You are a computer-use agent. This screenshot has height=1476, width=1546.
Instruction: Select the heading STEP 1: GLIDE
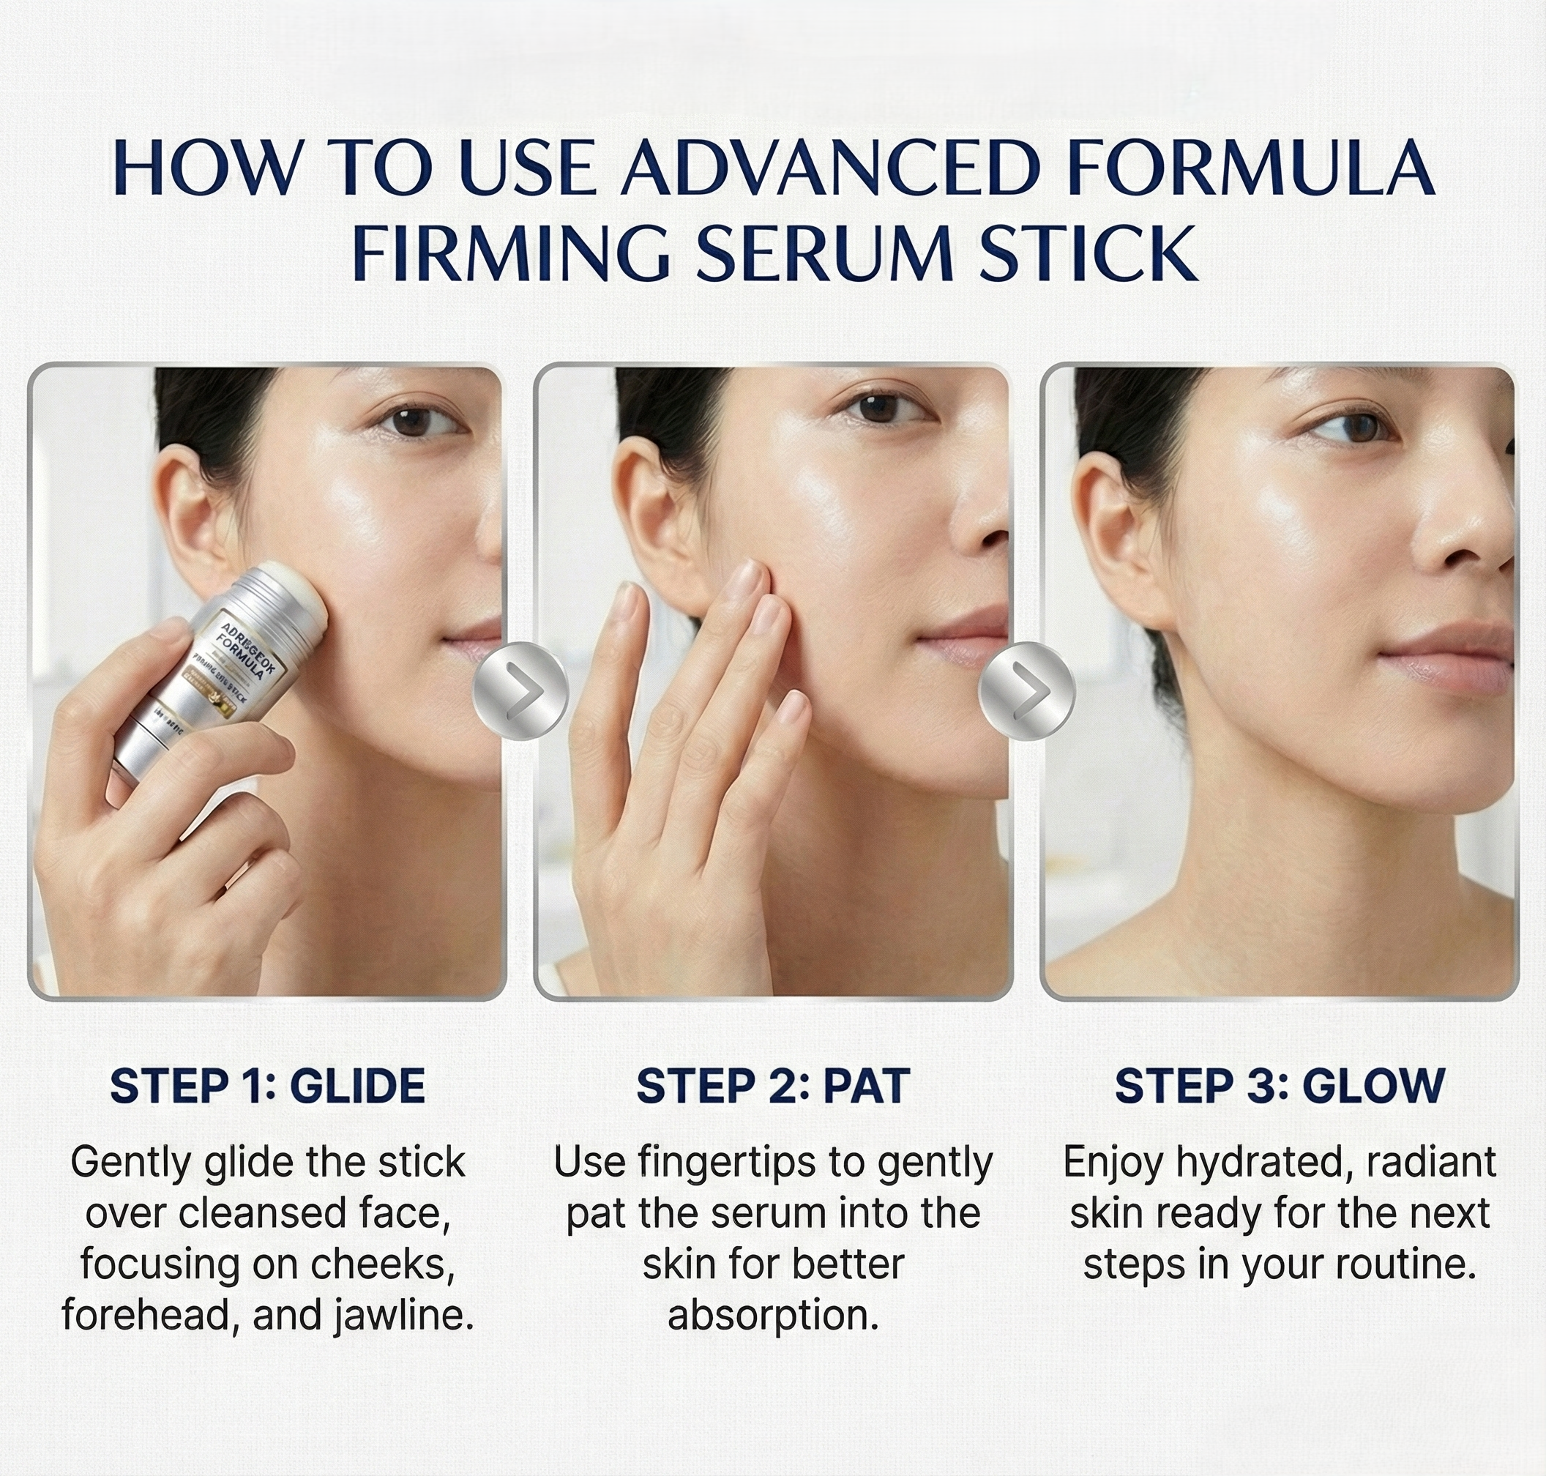267,1086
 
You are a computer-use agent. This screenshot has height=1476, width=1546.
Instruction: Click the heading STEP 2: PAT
772,1086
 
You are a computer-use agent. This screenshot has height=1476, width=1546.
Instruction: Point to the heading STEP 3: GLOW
1280,1086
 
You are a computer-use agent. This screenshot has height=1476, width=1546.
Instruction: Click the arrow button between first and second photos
520,690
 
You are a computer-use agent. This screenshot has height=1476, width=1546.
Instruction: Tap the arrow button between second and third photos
1026,690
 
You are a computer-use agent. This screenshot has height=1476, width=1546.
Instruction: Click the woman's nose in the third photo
1471,535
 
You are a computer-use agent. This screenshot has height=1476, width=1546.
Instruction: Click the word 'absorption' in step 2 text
772,1316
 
